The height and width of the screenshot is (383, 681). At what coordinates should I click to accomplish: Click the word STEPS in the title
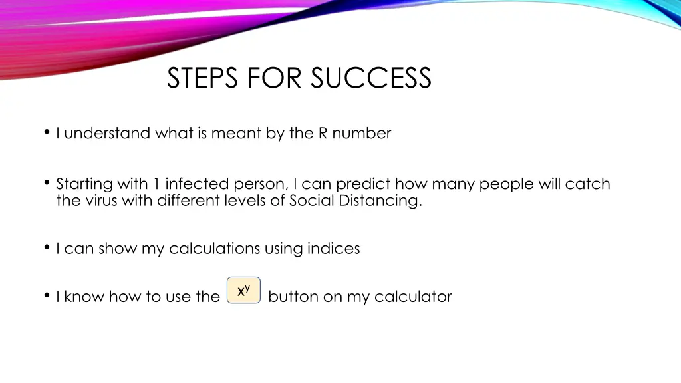(x=204, y=78)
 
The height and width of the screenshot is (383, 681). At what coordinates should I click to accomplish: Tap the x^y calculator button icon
(x=243, y=291)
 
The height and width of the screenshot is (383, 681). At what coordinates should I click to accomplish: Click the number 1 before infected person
(x=156, y=184)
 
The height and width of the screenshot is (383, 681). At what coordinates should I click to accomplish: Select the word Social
(x=312, y=200)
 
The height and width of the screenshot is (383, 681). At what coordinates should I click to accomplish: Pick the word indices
(x=333, y=249)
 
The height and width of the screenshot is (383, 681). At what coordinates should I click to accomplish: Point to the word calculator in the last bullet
(x=413, y=297)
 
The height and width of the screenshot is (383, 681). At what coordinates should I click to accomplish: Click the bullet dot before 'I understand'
(x=47, y=132)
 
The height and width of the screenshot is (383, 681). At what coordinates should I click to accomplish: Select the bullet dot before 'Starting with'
(x=47, y=183)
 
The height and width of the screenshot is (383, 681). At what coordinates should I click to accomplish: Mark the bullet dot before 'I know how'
(x=47, y=296)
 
